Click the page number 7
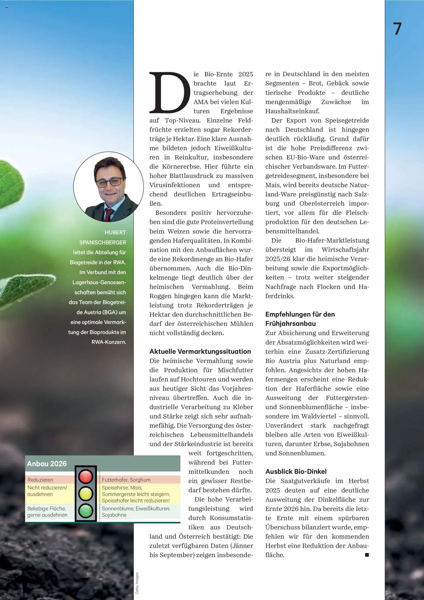coord(397,29)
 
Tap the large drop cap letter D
coord(170,92)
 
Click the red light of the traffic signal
coord(86,476)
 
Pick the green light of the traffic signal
coord(86,511)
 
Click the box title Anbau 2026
coord(47,464)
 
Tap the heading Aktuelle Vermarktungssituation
coord(200,351)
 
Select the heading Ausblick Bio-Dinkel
coord(296,471)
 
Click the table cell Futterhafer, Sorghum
coord(126,480)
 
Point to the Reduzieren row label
coord(40,480)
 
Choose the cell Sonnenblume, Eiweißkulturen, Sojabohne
coord(136,512)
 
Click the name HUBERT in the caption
coord(115,232)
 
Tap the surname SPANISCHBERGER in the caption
coord(103,243)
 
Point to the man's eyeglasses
coord(109,182)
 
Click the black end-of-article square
coord(367,555)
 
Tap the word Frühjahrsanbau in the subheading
coord(290,324)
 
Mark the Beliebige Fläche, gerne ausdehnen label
coord(47,512)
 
